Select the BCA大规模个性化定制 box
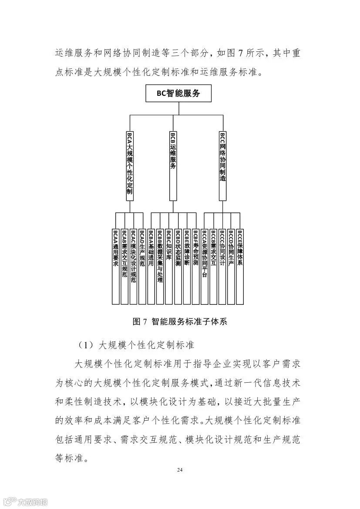point(129,165)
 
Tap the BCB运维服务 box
point(173,165)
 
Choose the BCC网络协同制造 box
point(222,165)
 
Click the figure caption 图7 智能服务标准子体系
point(180,322)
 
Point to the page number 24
point(180,470)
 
